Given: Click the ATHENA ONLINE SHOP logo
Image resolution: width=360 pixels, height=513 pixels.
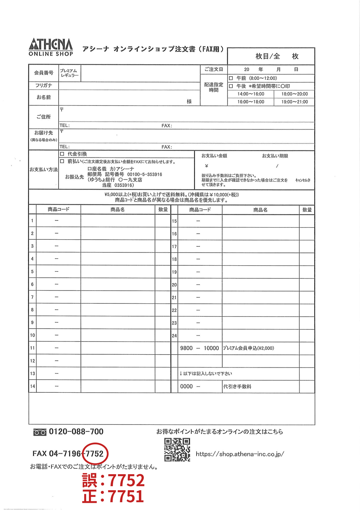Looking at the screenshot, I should pyautogui.click(x=51, y=47).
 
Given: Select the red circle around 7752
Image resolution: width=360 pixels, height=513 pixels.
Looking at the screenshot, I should pyautogui.click(x=95, y=454).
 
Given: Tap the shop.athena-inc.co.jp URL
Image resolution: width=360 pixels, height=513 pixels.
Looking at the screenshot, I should pyautogui.click(x=240, y=454).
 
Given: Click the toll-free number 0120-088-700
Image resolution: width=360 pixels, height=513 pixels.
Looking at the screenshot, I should pyautogui.click(x=76, y=432).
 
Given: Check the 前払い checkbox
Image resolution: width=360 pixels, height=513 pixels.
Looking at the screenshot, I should pyautogui.click(x=62, y=162).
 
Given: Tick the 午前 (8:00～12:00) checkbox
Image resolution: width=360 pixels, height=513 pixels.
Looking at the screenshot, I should pyautogui.click(x=230, y=78).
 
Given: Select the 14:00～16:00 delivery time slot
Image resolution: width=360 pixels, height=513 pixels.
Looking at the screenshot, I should pyautogui.click(x=251, y=94).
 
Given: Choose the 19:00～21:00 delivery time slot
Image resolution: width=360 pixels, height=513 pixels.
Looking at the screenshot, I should pyautogui.click(x=294, y=102).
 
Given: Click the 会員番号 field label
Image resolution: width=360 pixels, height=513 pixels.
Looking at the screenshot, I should pyautogui.click(x=44, y=73).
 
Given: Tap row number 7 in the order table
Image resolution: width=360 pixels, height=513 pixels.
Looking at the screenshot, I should pyautogui.click(x=32, y=297).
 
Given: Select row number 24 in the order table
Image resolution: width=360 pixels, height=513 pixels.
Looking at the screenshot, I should pyautogui.click(x=174, y=335).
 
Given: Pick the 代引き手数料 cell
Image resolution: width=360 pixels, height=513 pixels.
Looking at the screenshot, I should pyautogui.click(x=237, y=387).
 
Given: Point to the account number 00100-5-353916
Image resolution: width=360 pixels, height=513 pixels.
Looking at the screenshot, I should pyautogui.click(x=145, y=175).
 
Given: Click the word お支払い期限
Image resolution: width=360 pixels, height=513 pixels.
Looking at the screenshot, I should pyautogui.click(x=275, y=156).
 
